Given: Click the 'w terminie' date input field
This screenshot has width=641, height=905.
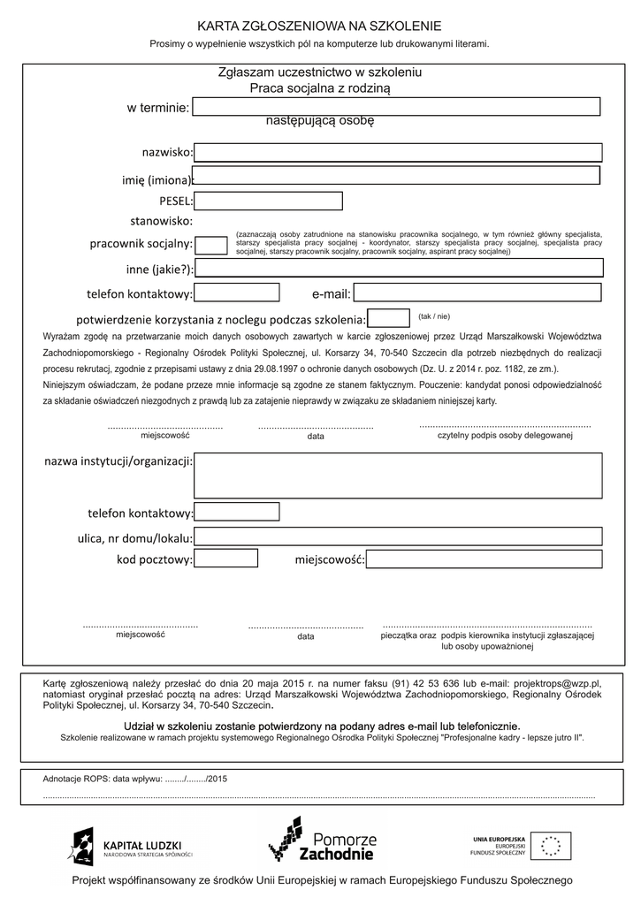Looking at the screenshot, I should (x=396, y=107).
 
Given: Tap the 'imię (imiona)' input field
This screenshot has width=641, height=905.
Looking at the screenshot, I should (x=396, y=175).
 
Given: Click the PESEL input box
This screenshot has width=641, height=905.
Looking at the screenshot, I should (x=268, y=202).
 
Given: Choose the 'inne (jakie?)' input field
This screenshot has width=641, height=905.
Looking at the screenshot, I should (x=399, y=268).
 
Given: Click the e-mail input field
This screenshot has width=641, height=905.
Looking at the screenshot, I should (x=477, y=293).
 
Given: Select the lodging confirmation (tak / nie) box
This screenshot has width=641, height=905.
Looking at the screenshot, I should (x=388, y=318).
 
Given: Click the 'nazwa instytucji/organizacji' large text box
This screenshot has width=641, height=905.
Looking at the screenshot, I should (x=398, y=475).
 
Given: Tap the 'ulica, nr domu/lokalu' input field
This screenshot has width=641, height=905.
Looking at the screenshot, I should (x=398, y=536).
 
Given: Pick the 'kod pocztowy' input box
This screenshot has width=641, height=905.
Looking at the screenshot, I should (x=225, y=559).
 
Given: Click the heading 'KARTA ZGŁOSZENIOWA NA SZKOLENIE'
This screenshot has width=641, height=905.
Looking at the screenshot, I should (x=319, y=27).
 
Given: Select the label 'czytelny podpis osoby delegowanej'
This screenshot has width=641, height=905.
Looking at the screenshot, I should (x=505, y=436).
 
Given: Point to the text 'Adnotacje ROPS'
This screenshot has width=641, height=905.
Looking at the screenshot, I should (x=75, y=779).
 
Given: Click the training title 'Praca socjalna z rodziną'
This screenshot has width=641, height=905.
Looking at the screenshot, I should (x=319, y=88).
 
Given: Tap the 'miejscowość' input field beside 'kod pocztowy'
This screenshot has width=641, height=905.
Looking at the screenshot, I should (x=484, y=559).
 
